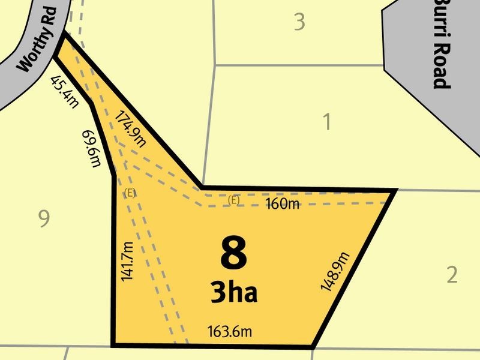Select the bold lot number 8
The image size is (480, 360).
tap(233, 254)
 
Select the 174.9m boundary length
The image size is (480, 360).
tap(130, 128)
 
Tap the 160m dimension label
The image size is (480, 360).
tap(282, 204)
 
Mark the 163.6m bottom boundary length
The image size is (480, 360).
tap(229, 331)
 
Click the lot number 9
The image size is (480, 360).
tap(43, 220)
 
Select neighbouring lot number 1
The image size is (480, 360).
tap(327, 122)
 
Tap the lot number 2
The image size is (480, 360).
tap(452, 275)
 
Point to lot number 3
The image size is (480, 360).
tap(299, 23)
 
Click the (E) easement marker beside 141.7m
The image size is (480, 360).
tap(129, 193)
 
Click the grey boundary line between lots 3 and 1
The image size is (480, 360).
tap(300, 65)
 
